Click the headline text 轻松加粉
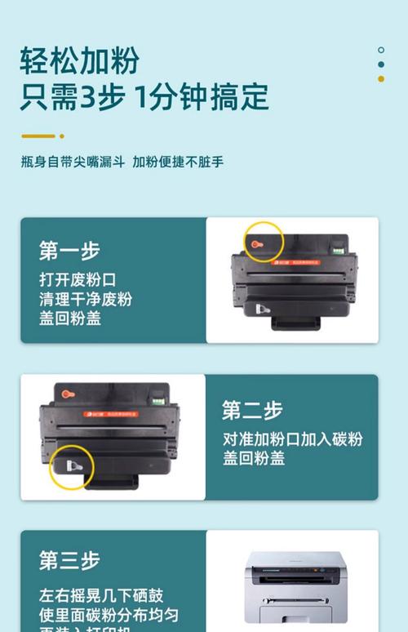(80, 60)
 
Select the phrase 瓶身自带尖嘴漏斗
(73, 162)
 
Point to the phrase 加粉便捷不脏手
(178, 162)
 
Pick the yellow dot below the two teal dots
(381, 79)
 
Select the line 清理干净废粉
(85, 299)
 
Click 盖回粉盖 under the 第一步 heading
(69, 319)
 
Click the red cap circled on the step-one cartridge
(257, 243)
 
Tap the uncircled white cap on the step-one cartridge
(262, 310)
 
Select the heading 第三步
(69, 561)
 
